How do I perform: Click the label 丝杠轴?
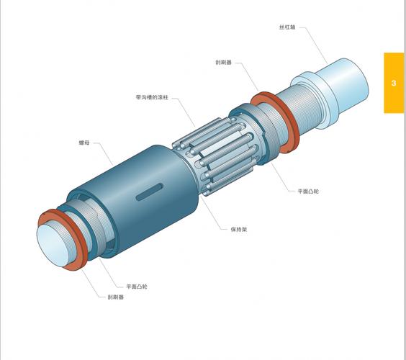287,27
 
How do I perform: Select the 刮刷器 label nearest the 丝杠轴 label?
222,62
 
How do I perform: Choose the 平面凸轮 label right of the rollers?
309,192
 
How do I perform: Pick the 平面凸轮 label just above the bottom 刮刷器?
137,286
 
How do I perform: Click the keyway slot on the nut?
148,192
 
